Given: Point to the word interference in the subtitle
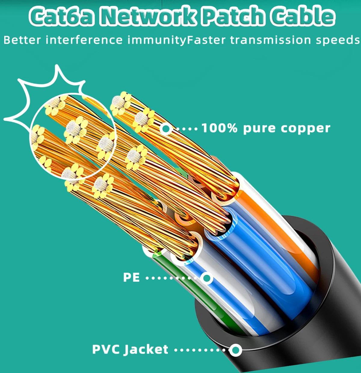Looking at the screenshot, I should click(x=84, y=40).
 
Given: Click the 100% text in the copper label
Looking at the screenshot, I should click(x=219, y=128).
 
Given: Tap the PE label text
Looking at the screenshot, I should click(x=131, y=277).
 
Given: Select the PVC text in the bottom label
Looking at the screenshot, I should click(x=106, y=349).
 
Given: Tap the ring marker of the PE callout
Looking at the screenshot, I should click(x=207, y=278).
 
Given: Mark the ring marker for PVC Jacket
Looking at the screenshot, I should click(x=236, y=350).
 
